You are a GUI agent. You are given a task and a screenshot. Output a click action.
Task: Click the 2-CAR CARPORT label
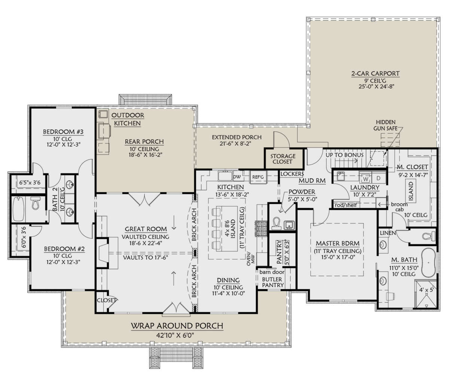[375, 73]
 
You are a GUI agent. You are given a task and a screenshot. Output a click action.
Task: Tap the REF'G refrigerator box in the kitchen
[258, 177]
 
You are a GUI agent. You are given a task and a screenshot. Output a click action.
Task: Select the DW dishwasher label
[237, 176]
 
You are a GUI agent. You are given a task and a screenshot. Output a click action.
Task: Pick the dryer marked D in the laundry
[379, 178]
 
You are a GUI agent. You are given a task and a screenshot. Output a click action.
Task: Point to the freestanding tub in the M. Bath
[428, 263]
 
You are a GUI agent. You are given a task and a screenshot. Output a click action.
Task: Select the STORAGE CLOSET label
[283, 159]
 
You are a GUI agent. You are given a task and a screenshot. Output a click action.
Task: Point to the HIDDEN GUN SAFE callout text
[385, 125]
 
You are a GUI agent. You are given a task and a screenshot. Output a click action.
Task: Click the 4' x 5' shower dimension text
[427, 290]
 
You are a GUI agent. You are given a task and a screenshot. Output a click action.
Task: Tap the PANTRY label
[279, 252]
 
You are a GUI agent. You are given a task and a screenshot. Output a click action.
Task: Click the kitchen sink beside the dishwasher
[225, 176]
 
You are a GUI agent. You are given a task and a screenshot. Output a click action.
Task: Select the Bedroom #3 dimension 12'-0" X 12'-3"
[64, 145]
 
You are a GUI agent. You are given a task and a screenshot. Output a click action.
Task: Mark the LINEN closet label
[388, 233]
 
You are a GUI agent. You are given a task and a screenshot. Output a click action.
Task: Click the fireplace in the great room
[103, 253]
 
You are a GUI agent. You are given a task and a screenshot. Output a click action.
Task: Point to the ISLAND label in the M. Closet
[411, 191]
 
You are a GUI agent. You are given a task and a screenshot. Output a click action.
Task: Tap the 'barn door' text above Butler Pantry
[272, 272]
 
